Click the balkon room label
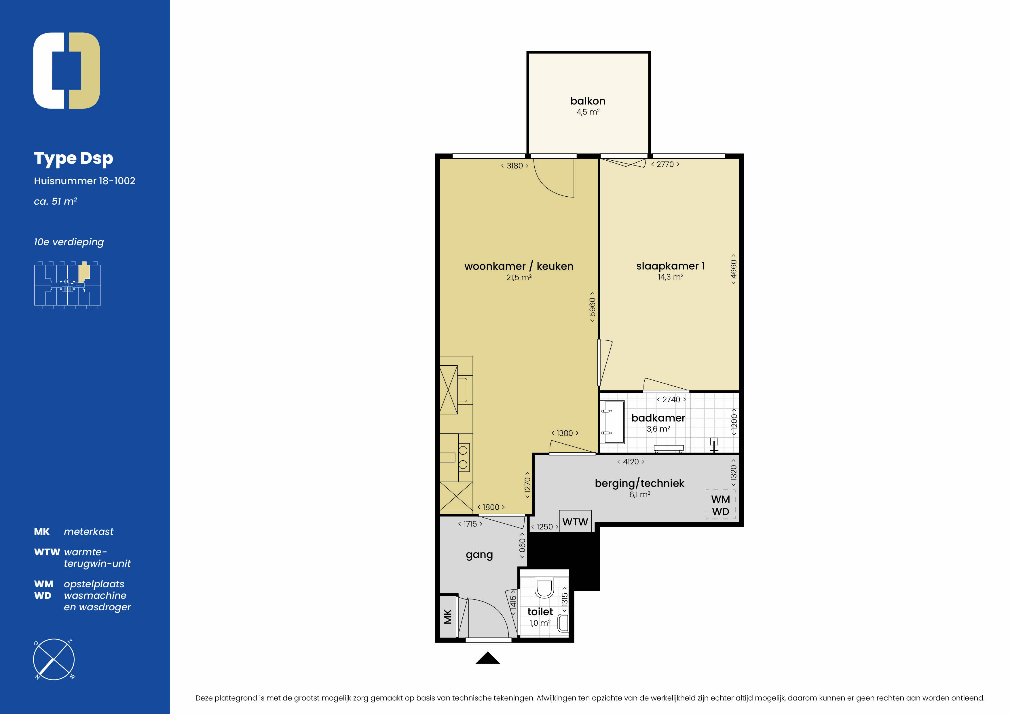tap(588, 101)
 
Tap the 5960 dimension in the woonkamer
tap(592, 307)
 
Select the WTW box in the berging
tap(575, 521)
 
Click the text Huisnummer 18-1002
tap(84, 181)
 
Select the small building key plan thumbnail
tap(67, 285)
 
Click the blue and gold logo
tap(67, 70)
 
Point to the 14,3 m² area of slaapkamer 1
tap(670, 277)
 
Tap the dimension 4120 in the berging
tap(631, 462)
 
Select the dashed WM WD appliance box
tap(721, 505)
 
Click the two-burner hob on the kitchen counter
tap(463, 457)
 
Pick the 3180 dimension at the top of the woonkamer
tap(515, 166)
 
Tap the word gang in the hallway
tap(479, 555)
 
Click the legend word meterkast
tap(88, 531)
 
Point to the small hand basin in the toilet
tap(563, 623)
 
